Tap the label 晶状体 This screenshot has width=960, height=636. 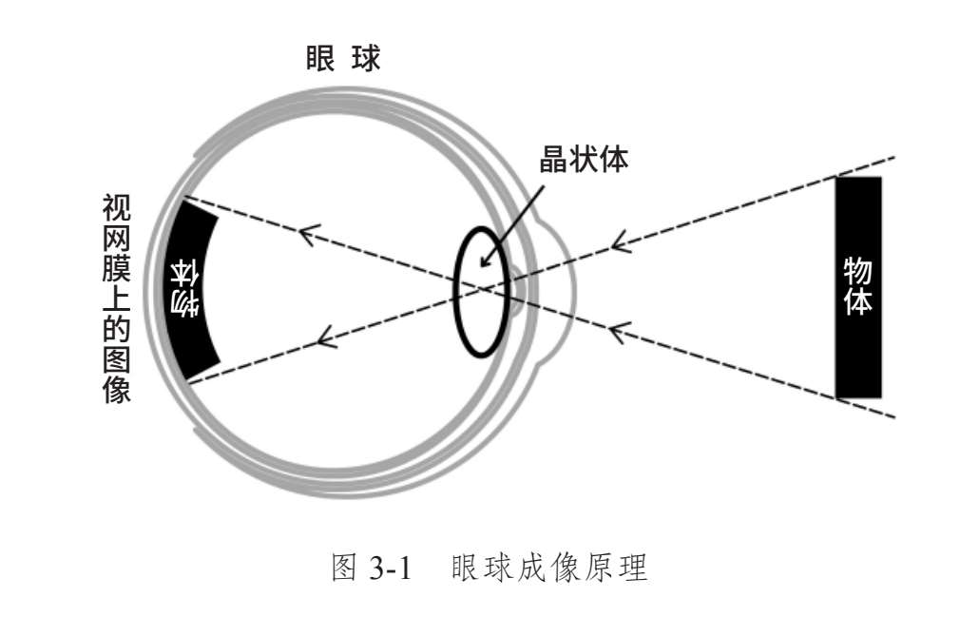click(584, 159)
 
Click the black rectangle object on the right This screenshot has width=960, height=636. click(858, 286)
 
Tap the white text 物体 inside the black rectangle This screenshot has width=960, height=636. click(858, 286)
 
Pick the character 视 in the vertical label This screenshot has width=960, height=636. click(117, 208)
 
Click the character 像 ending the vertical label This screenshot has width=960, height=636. click(117, 390)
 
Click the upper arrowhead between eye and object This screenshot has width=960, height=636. click(620, 241)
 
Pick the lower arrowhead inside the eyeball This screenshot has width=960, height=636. click(324, 334)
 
